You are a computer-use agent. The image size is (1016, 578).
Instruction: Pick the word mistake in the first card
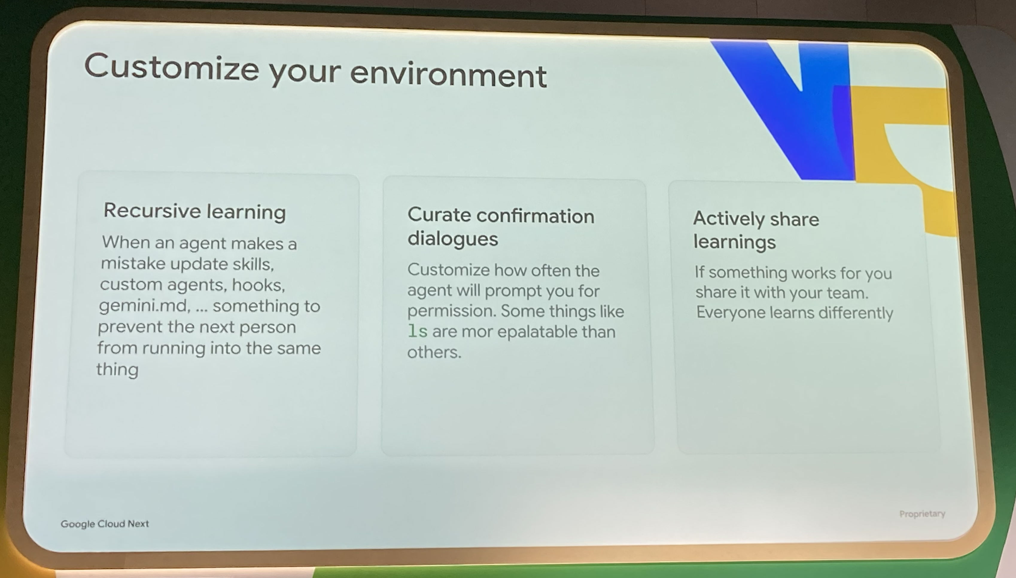133,264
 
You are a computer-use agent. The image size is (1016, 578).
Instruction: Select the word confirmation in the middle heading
535,216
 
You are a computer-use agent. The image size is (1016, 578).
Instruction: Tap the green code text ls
418,331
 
